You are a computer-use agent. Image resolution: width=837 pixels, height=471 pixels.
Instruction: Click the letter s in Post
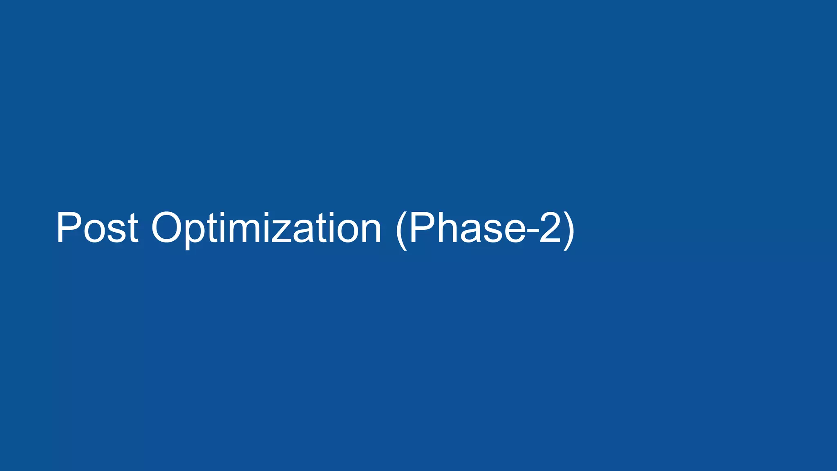click(114, 231)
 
